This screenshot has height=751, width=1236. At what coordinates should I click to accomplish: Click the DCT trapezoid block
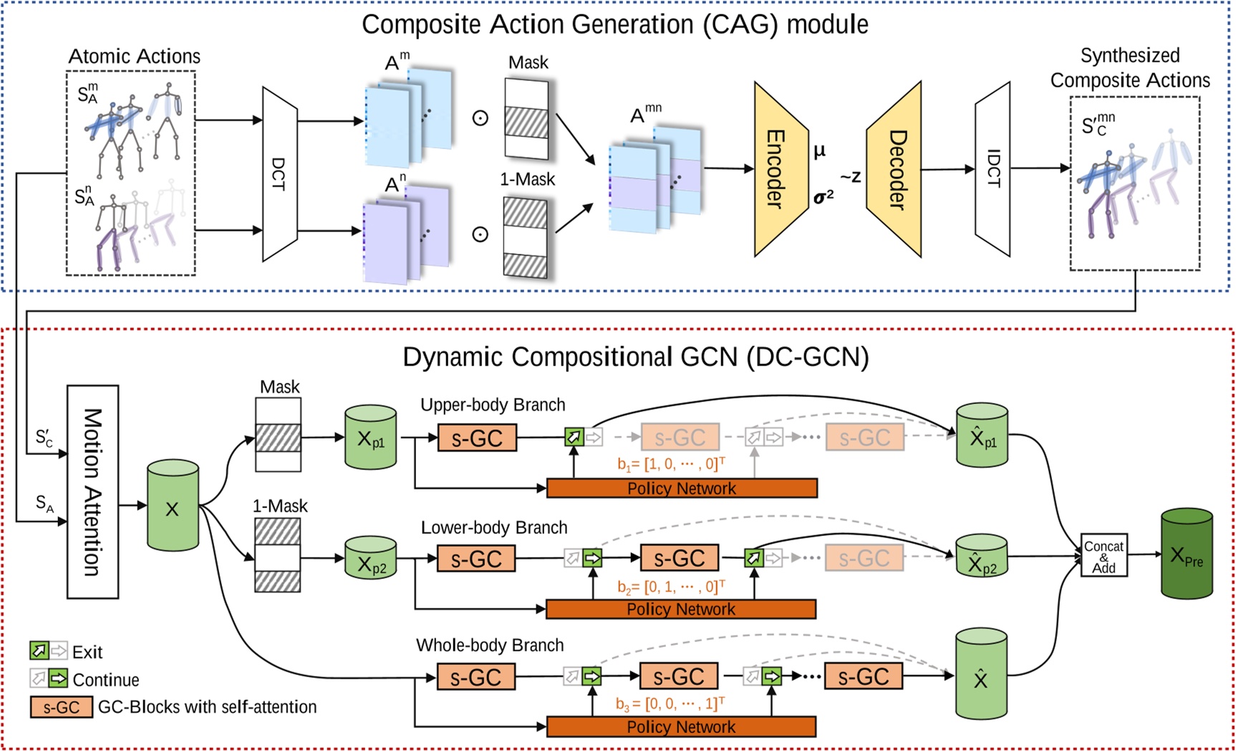tap(279, 174)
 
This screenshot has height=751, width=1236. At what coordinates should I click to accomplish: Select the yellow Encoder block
tap(779, 169)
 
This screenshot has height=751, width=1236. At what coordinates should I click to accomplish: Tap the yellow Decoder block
tap(895, 169)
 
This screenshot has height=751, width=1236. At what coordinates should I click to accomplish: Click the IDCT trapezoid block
tap(993, 169)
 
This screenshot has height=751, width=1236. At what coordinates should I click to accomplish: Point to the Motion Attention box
tap(92, 492)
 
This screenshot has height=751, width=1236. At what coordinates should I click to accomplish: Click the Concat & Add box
tap(1104, 556)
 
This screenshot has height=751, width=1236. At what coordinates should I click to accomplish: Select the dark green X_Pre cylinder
tap(1186, 554)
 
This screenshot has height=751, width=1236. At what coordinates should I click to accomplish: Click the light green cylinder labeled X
tap(173, 507)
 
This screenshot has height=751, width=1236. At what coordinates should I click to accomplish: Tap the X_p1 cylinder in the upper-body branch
tap(370, 438)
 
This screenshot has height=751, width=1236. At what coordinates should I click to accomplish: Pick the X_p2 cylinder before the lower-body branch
tap(370, 559)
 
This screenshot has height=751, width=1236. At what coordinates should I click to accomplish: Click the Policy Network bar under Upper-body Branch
tap(681, 489)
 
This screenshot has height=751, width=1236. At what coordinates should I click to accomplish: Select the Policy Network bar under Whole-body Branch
tap(681, 727)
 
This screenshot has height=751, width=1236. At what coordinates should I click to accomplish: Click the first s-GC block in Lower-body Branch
tap(476, 558)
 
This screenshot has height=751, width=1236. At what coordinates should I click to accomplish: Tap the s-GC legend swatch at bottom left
tap(61, 707)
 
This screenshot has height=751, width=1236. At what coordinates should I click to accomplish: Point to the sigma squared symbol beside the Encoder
tap(823, 196)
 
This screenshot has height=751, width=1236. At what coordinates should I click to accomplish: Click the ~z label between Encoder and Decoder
tap(850, 176)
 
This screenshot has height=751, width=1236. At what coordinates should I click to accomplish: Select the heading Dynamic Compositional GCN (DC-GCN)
tap(635, 357)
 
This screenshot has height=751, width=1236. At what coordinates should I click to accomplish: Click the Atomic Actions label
tap(134, 56)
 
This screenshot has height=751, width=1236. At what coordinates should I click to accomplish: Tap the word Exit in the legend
tap(87, 652)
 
